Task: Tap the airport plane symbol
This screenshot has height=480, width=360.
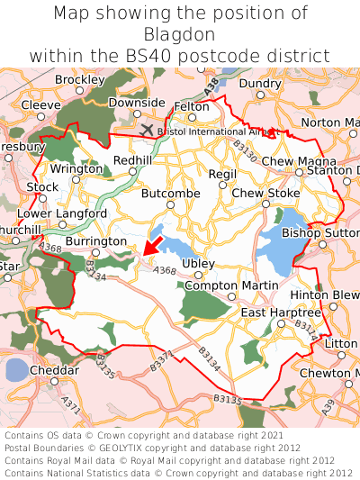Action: (x=148, y=129)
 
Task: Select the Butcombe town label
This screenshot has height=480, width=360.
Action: (x=170, y=194)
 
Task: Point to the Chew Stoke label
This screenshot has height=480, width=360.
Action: (x=265, y=194)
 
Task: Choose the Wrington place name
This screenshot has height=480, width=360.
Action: (x=76, y=168)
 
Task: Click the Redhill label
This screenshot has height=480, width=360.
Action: (x=131, y=160)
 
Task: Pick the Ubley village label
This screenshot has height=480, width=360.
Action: (x=198, y=264)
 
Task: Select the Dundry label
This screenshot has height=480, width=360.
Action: (x=260, y=84)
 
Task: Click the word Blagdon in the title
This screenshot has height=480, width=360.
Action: (x=180, y=34)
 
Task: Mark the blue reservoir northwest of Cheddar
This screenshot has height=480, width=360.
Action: (x=15, y=369)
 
